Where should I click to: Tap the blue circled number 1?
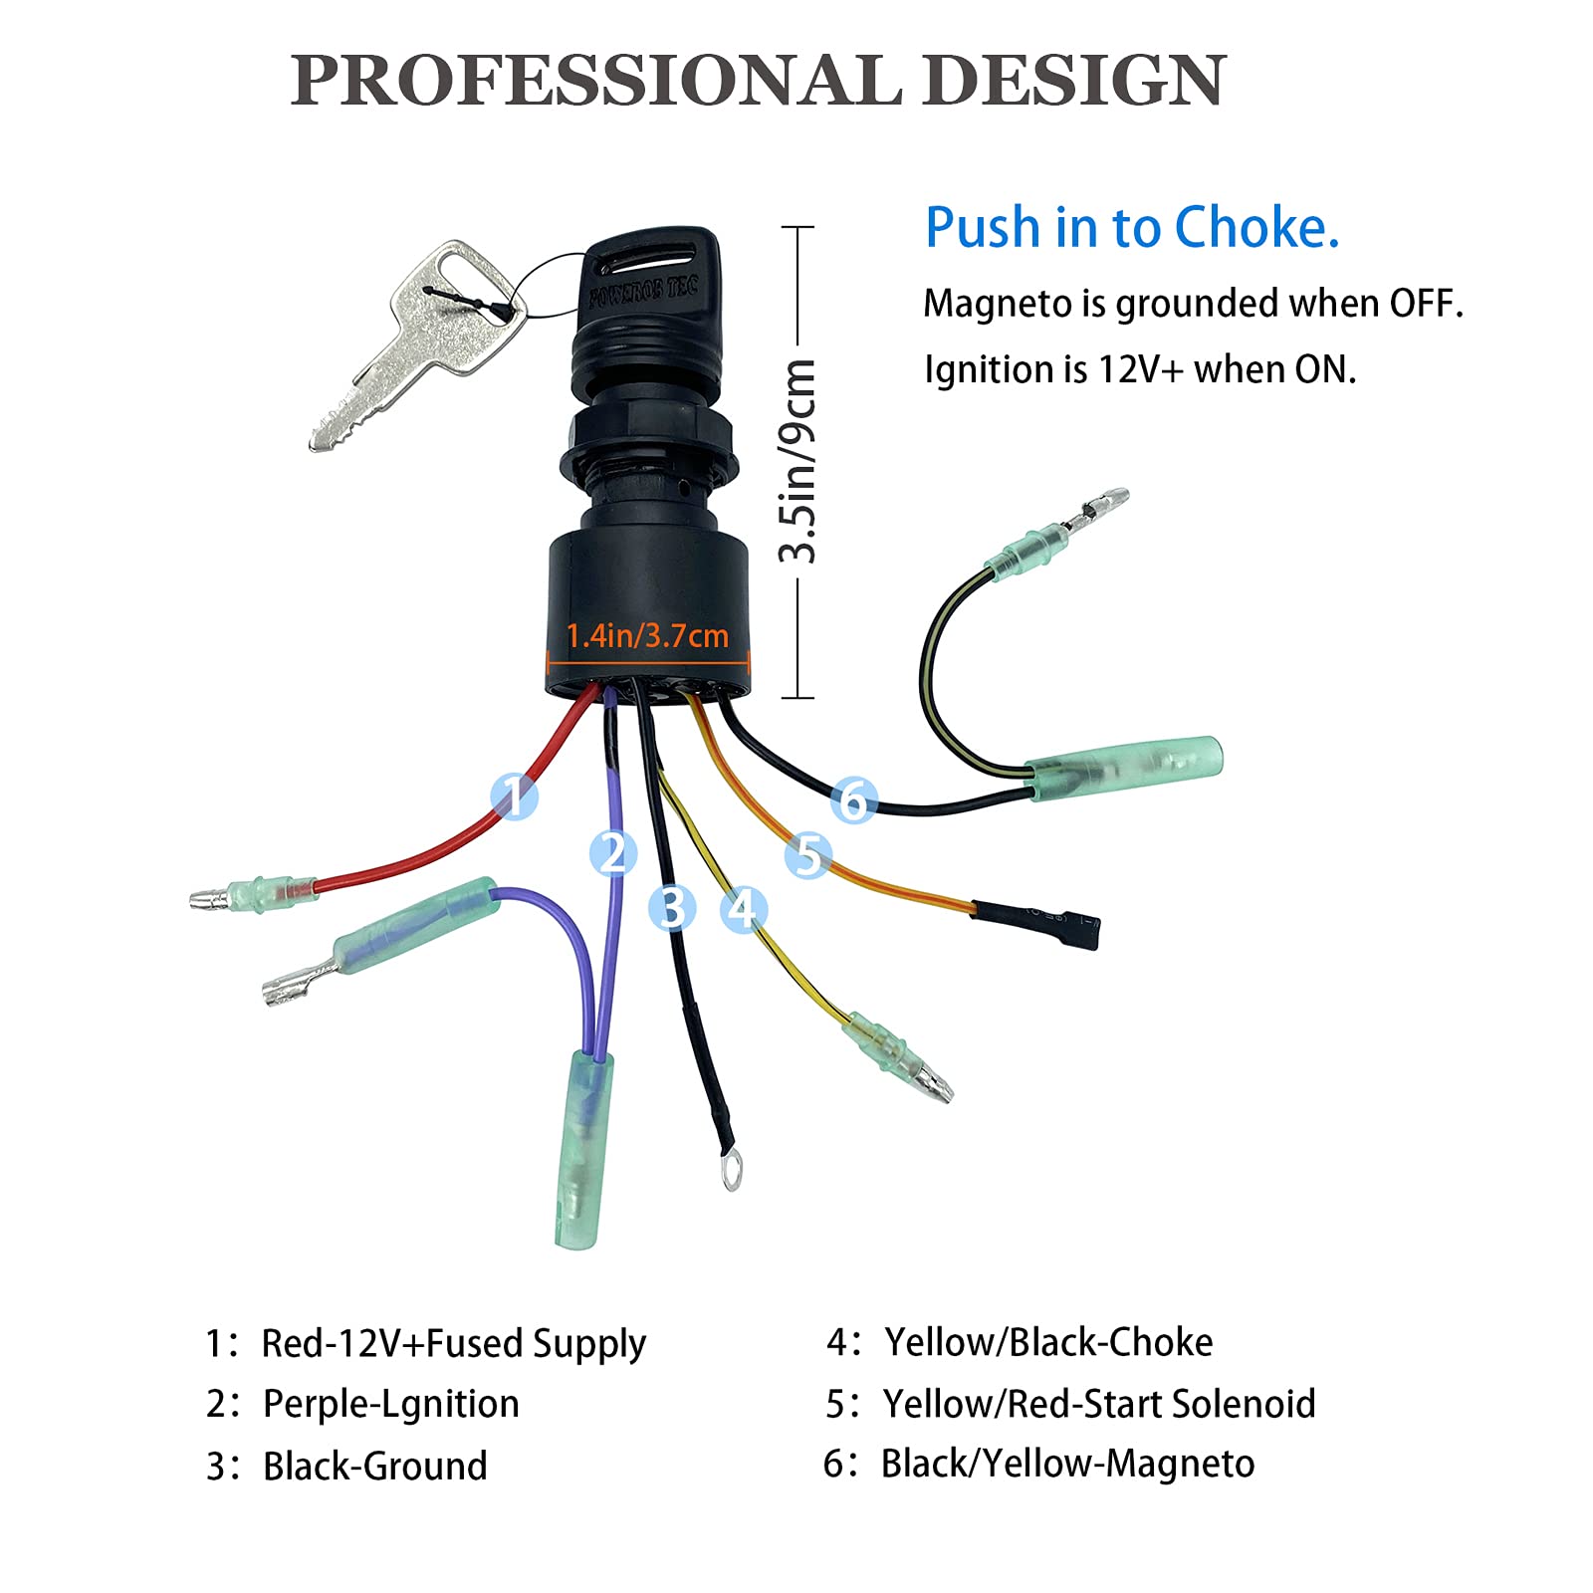coord(515,796)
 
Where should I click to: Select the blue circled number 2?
coord(612,853)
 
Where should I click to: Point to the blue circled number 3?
coord(672,908)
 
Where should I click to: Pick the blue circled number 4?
coord(744,908)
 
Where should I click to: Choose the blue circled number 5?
coord(807,854)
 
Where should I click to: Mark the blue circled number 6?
coord(853,799)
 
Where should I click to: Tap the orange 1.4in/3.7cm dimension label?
coord(647,635)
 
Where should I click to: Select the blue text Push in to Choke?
coord(1132,227)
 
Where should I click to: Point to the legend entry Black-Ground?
coord(374,1466)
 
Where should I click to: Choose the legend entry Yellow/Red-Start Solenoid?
coord(1098,1404)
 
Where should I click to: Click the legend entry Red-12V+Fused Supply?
coord(453,1343)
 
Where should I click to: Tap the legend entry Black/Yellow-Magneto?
coord(1067,1464)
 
